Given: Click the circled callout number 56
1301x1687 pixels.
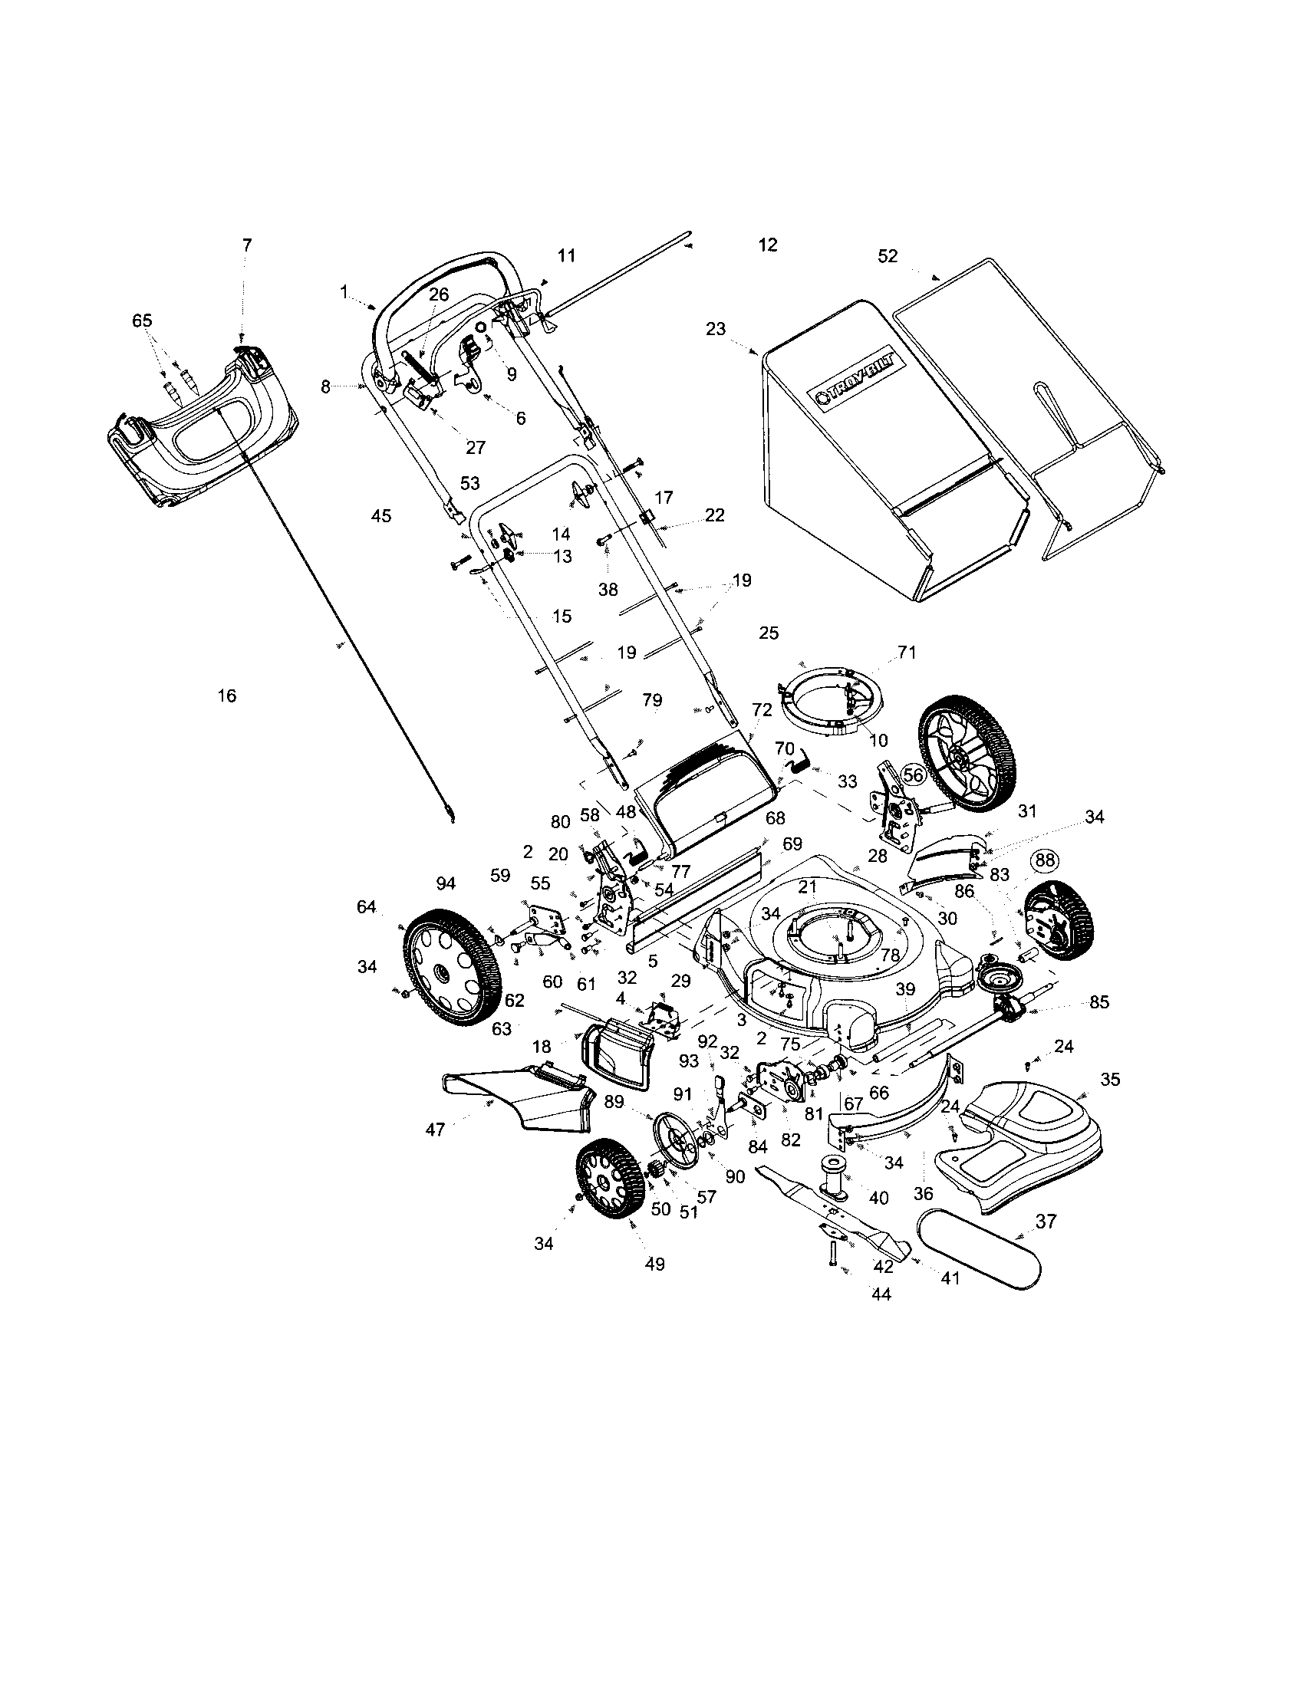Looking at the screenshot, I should coord(913,774).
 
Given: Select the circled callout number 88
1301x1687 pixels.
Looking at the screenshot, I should coord(1045,860).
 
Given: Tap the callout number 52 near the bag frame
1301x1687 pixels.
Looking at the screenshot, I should coord(888,255).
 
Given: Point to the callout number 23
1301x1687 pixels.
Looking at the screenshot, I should coord(716,329).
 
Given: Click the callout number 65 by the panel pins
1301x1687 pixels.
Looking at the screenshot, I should coord(142,321).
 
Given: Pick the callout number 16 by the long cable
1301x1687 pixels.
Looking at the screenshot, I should coord(226,696).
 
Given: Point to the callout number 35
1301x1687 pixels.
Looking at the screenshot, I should coord(1109,1079).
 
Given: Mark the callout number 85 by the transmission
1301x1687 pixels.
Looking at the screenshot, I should coord(1098,1003).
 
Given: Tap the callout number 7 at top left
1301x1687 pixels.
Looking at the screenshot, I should coord(246,245).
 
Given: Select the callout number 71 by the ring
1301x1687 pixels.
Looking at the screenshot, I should coord(906,653).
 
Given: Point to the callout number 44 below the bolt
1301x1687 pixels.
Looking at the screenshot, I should coord(881,1294).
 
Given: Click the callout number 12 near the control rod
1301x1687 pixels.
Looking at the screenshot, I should coord(767,245).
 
